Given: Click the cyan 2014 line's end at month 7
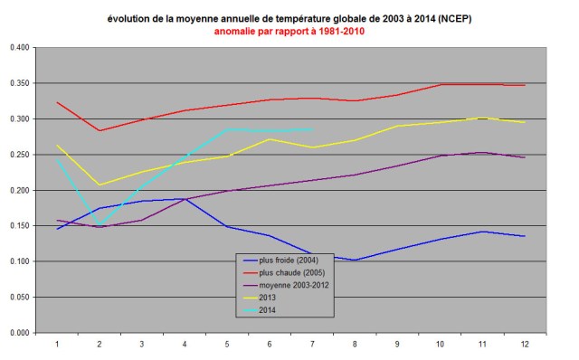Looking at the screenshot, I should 313,129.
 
